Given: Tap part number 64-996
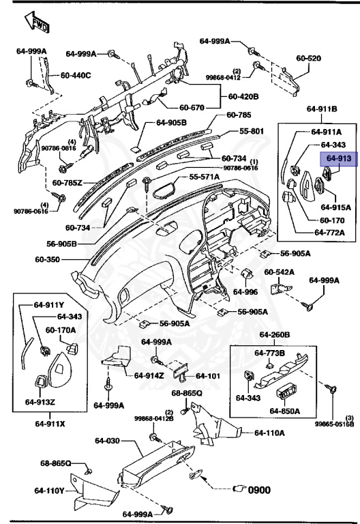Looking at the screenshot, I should coord(245,291).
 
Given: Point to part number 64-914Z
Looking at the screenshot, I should coord(148,375).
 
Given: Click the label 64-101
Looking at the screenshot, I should coord(205,375).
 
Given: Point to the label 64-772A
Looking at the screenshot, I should coord(329,233).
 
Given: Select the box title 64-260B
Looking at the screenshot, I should coord(274,335).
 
